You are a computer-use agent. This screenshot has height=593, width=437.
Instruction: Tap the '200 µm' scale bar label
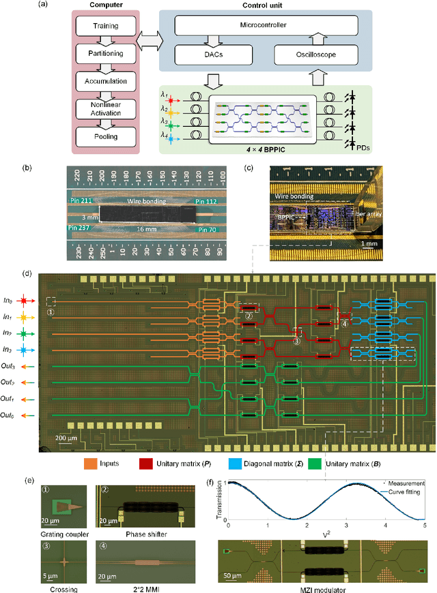[x=71, y=436]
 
